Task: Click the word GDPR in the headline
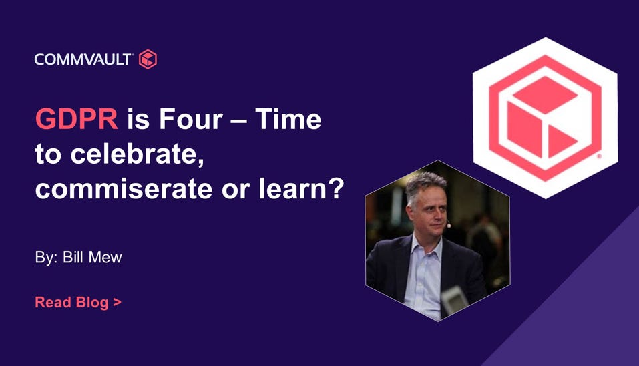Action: pyautogui.click(x=77, y=119)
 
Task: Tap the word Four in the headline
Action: pyautogui.click(x=191, y=119)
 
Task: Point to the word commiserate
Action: pyautogui.click(x=124, y=189)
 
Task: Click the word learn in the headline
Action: pyautogui.click(x=292, y=189)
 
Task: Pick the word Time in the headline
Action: pyautogui.click(x=288, y=119)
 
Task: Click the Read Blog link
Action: pyautogui.click(x=78, y=302)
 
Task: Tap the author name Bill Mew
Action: pyautogui.click(x=93, y=258)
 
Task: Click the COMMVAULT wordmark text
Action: pyautogui.click(x=83, y=59)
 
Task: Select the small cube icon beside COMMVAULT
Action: pyautogui.click(x=148, y=59)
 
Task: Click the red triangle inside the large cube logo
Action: pyautogui.click(x=560, y=141)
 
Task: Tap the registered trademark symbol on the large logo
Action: pyautogui.click(x=599, y=156)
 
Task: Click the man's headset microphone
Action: pyautogui.click(x=448, y=224)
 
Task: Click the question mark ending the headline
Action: pyautogui.click(x=337, y=189)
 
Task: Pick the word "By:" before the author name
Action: pyautogui.click(x=47, y=258)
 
